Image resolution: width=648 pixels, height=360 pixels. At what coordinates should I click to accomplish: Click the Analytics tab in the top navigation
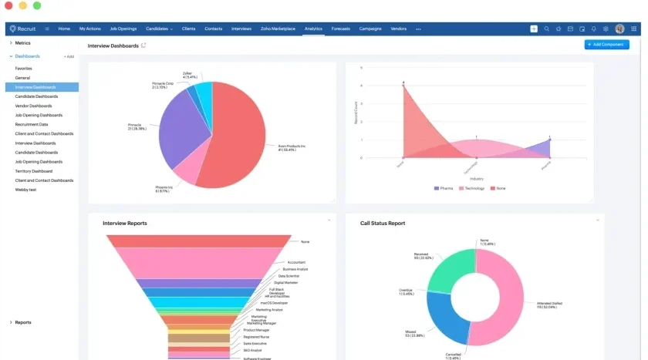click(313, 29)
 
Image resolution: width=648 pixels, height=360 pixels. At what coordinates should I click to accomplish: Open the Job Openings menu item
click(123, 29)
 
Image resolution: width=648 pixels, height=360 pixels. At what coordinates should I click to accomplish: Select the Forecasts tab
click(340, 29)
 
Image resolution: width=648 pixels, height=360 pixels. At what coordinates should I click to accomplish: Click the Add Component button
click(606, 45)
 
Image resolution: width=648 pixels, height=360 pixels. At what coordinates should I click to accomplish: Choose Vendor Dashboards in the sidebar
click(34, 106)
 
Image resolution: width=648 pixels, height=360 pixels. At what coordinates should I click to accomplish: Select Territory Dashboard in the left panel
click(34, 171)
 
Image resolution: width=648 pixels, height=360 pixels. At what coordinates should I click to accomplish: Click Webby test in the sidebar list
click(27, 190)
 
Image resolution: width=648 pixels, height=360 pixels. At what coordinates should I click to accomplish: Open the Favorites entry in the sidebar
click(24, 69)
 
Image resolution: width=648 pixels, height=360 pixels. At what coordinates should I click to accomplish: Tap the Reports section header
click(23, 322)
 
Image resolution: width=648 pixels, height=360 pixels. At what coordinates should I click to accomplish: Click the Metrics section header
click(23, 43)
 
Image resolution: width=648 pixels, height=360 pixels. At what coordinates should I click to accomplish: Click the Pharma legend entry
click(445, 188)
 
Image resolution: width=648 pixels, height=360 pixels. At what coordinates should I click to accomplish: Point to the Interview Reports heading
click(125, 224)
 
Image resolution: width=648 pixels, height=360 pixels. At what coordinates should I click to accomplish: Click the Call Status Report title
click(383, 224)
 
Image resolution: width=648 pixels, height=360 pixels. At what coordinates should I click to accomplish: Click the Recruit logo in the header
click(23, 29)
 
